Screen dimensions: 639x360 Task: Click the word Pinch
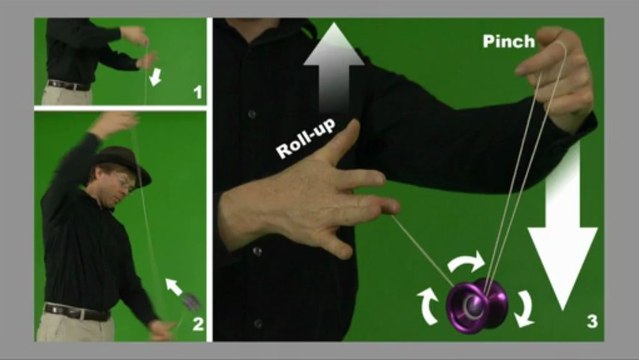509,41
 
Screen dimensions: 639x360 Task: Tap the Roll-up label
306,138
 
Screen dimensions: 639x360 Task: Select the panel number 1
198,92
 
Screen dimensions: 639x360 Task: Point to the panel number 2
198,324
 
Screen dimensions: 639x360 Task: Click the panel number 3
592,321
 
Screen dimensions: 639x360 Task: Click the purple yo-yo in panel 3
477,305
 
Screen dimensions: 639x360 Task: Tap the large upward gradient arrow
334,67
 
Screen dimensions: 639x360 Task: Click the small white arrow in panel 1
156,77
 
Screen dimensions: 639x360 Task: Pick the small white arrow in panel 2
174,287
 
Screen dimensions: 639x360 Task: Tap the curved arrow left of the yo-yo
428,306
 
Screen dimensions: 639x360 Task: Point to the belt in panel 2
77,312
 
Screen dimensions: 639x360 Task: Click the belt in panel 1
68,85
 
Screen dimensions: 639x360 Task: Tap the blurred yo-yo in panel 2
190,300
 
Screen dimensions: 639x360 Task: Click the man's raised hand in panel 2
113,123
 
